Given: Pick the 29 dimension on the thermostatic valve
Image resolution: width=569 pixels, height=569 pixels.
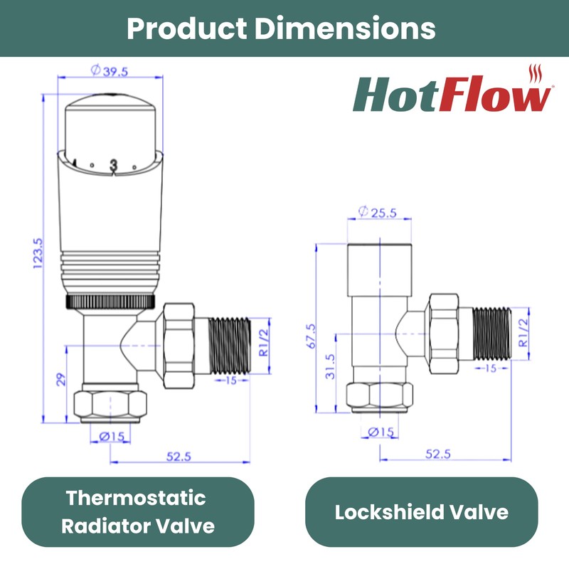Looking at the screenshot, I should click(61, 379).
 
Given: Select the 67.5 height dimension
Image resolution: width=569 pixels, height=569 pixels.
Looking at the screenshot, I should click(310, 334).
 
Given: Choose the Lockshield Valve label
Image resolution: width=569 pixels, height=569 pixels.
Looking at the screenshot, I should click(421, 512).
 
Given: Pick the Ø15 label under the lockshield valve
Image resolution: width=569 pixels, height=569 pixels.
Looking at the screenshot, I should click(381, 431).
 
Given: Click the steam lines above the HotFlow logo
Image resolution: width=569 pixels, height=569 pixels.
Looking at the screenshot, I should click(538, 74).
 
